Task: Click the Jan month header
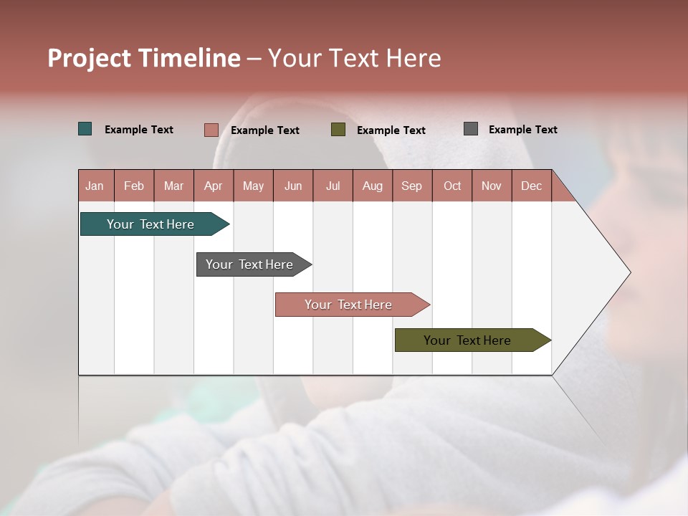coord(95,186)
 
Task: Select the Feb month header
coord(134,186)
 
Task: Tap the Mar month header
coord(173,186)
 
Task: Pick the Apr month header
coord(214,186)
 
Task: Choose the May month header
coord(253,186)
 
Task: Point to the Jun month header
coord(293,186)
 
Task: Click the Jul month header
coord(333,186)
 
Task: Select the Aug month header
coord(373,186)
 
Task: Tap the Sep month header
coord(412,186)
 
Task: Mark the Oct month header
coord(452,186)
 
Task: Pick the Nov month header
coord(492,186)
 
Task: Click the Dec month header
coord(531,186)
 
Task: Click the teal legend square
coord(85,129)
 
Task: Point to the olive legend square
coord(338,129)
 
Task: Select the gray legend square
coord(471,129)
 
